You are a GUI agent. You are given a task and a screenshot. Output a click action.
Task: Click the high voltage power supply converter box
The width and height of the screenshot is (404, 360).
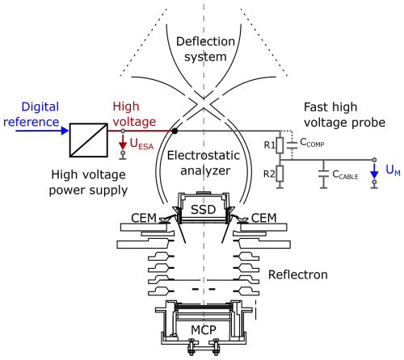point(89,140)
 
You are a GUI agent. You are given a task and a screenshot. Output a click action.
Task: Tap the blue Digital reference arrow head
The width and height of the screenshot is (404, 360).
point(65,131)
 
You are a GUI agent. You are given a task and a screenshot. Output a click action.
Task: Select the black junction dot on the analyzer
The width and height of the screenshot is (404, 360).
point(175,131)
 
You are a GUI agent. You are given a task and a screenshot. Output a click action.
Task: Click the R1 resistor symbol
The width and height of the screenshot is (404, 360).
point(280,145)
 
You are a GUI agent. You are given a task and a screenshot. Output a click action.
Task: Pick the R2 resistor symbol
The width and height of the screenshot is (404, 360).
point(280,174)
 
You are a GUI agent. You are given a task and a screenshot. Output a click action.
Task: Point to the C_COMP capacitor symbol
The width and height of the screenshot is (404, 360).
point(292,145)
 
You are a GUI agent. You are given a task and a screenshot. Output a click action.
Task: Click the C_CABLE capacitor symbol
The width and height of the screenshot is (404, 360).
point(323,174)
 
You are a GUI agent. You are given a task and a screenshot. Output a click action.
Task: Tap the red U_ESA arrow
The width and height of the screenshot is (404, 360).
point(123,142)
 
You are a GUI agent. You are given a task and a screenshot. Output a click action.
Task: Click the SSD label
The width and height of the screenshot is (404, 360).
point(204,210)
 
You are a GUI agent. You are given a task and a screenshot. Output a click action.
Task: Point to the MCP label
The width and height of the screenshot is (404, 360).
point(204,330)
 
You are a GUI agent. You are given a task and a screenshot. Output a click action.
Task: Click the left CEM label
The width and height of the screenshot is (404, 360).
point(144,218)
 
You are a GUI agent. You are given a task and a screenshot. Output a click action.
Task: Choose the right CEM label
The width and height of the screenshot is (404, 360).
point(264,218)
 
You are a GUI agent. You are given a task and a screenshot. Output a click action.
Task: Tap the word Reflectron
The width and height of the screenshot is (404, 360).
point(298,274)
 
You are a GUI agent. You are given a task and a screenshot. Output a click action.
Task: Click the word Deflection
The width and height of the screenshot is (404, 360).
point(205,41)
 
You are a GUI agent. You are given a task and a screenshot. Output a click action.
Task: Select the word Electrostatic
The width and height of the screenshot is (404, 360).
point(204,155)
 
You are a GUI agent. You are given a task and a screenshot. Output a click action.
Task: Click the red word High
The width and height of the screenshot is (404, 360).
point(126,107)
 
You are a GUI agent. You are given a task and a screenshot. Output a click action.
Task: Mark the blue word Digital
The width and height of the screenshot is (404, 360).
point(40,107)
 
